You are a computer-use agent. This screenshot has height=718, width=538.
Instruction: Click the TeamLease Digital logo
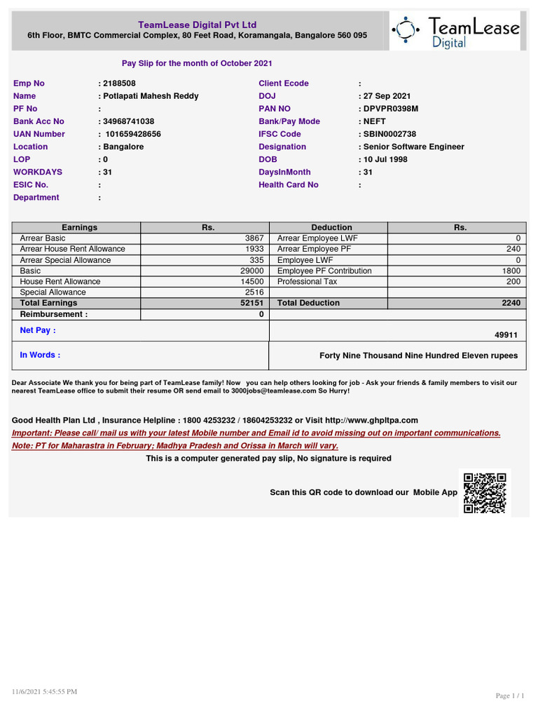[x=456, y=30]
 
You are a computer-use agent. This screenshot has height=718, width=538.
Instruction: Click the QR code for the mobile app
[x=485, y=493]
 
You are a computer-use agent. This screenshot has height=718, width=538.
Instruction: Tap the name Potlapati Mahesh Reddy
[x=150, y=96]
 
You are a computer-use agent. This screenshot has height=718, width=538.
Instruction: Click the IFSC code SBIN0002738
[x=389, y=134]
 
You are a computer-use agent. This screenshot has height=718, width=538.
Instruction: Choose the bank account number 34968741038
[x=128, y=121]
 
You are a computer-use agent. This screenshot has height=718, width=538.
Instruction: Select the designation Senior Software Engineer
[x=413, y=147]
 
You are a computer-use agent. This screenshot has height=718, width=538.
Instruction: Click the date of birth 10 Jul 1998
[x=385, y=159]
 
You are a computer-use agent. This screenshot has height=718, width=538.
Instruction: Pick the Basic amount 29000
[x=251, y=271]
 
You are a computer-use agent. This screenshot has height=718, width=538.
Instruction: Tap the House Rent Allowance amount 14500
[x=251, y=281]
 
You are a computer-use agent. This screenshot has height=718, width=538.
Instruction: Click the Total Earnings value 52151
[x=251, y=303]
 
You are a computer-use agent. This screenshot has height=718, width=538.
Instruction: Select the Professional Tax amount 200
[x=513, y=281]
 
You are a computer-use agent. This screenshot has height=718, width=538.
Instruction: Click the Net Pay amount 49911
[x=506, y=335]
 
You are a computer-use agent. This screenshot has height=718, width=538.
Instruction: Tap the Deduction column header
[x=331, y=227]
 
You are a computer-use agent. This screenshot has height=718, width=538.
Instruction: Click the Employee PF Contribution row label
[x=324, y=271]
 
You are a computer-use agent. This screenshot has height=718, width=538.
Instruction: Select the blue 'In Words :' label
[x=40, y=355]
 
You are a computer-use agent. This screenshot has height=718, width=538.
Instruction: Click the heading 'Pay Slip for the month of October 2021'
[x=197, y=63]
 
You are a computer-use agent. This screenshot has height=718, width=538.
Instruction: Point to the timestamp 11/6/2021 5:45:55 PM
[x=44, y=691]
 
